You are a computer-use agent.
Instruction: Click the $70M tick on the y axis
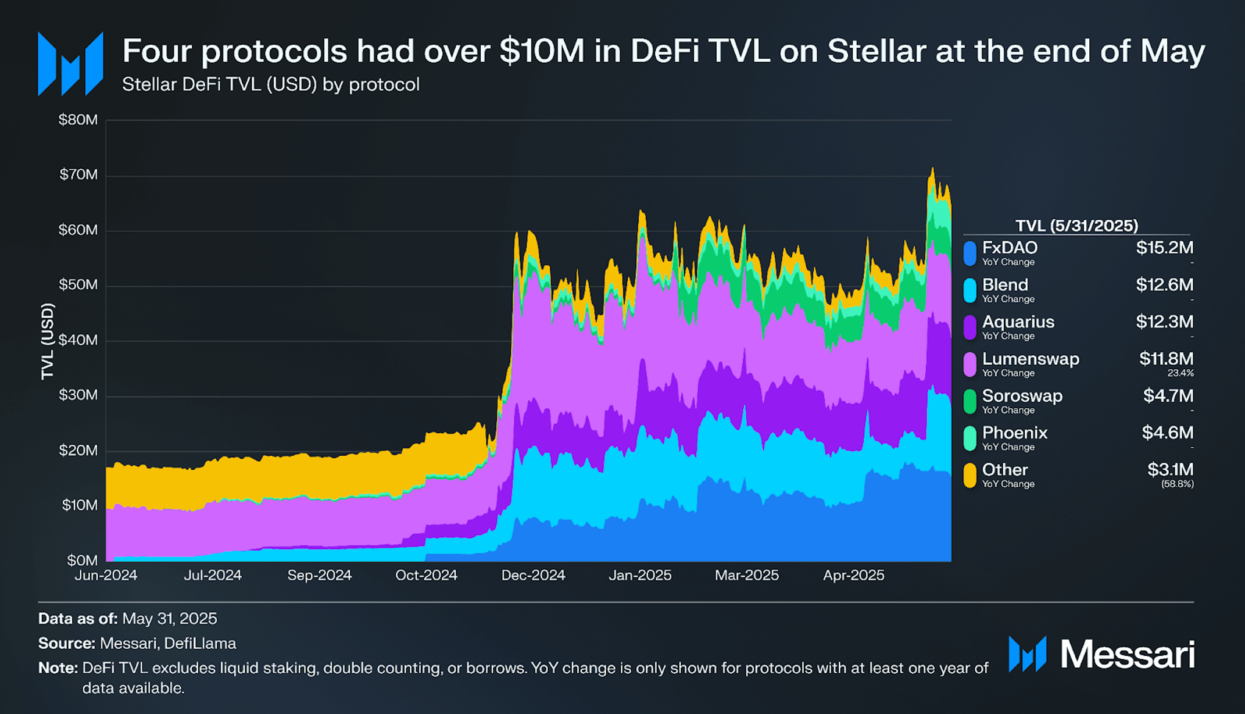(x=78, y=174)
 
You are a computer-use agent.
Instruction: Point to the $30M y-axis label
(x=78, y=395)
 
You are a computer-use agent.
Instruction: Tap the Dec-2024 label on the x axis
(x=533, y=575)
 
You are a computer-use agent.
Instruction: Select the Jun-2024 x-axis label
(x=106, y=575)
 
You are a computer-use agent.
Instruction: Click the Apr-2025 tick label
(x=853, y=575)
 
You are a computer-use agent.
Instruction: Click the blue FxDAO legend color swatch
(x=969, y=254)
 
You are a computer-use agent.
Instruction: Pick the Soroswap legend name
(x=1022, y=396)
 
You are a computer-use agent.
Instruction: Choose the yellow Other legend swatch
(x=969, y=475)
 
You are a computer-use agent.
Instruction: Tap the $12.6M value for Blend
(x=1164, y=285)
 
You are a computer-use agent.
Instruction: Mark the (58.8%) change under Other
(x=1177, y=484)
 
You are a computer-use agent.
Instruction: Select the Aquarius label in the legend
(x=1018, y=322)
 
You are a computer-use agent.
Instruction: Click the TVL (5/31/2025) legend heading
(x=1076, y=226)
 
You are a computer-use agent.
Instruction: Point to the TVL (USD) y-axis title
(x=47, y=341)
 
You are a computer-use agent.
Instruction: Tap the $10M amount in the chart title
(x=541, y=51)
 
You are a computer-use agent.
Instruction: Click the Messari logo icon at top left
(x=70, y=64)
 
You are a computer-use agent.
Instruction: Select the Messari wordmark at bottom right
(x=1127, y=654)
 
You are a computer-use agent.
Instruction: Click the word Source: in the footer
(x=66, y=643)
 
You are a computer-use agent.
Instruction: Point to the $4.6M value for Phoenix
(x=1167, y=433)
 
